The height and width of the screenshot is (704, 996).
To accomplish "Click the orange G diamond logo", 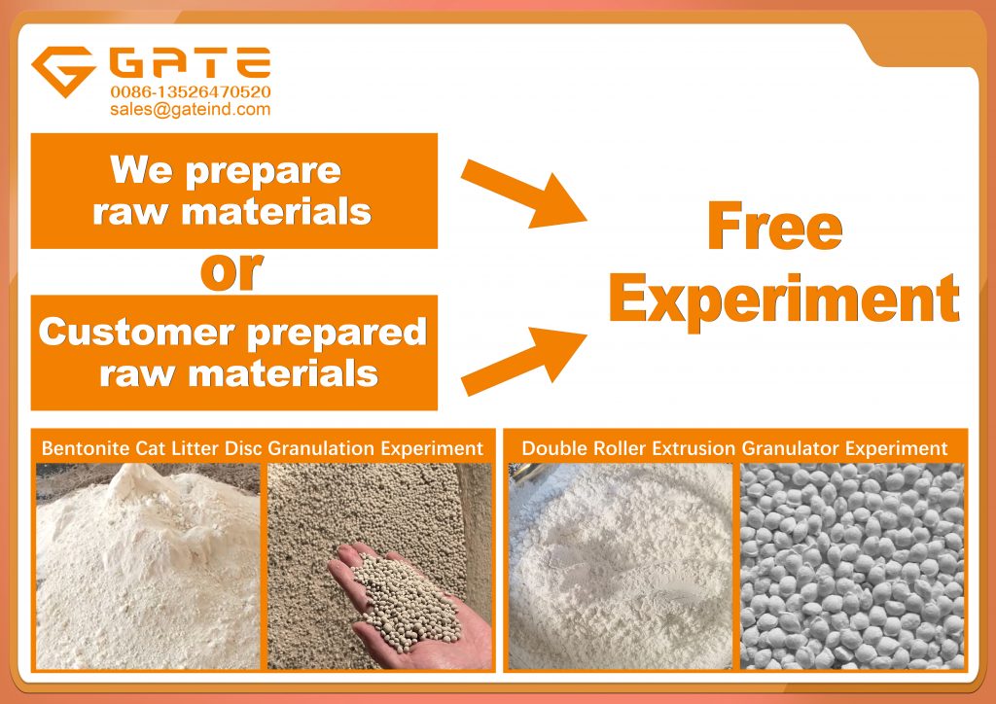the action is coord(63,70).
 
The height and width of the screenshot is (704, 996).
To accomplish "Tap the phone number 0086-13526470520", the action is coord(191,92).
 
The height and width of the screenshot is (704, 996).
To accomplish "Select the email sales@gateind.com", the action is coord(190,109).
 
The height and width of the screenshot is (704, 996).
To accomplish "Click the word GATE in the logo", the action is coord(190,62).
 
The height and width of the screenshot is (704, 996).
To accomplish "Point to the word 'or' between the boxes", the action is coord(231,271).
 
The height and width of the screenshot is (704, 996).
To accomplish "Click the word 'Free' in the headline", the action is coord(775,226).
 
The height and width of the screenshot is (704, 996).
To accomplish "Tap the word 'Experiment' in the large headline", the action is coord(784,299).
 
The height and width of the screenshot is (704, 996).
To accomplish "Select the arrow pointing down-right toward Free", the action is coord(523,194).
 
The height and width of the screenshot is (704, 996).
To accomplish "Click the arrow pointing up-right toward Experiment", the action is coord(523,361).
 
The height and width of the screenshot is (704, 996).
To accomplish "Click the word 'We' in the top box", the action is coord(141,169).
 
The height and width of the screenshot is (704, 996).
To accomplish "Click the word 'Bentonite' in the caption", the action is coord(86,449).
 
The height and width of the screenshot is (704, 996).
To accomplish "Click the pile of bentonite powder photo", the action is coord(148,566).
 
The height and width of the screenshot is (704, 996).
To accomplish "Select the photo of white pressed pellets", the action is coord(852,566).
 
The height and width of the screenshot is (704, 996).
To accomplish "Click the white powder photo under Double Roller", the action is coord(621,566).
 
